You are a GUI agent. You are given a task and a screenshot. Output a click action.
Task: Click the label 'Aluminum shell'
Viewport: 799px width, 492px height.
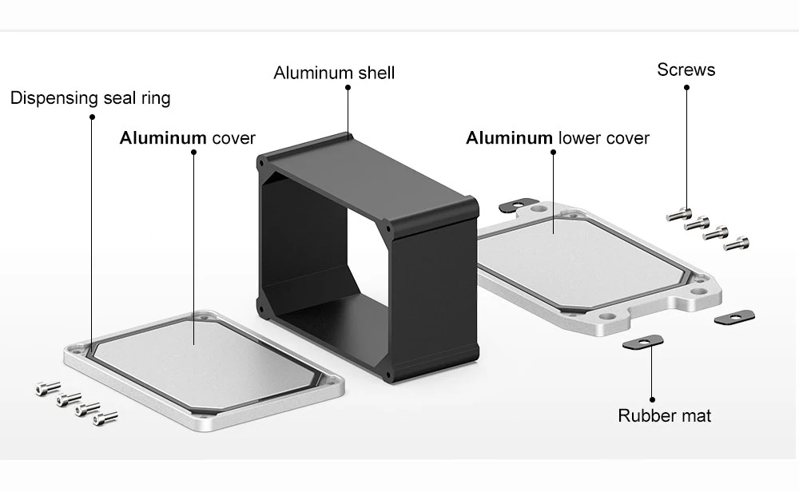pyautogui.click(x=334, y=73)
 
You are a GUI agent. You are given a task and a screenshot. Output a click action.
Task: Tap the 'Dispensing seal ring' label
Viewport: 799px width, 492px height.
pyautogui.click(x=90, y=98)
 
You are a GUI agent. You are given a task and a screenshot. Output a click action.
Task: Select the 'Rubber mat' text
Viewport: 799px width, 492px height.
pyautogui.click(x=665, y=415)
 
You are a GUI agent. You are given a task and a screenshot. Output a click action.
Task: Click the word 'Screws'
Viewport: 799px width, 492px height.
pyautogui.click(x=686, y=69)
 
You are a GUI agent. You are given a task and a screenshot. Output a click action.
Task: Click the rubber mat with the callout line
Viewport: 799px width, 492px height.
pyautogui.click(x=643, y=342)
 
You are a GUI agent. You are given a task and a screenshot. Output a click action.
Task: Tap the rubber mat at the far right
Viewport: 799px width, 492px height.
pyautogui.click(x=734, y=317)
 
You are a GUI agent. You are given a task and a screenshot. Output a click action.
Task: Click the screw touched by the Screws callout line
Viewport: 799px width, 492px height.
pyautogui.click(x=679, y=215)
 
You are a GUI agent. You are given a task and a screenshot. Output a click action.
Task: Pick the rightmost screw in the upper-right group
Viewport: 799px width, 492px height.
pyautogui.click(x=737, y=244)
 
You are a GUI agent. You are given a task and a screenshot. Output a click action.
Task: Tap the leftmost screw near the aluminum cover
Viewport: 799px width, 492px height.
pyautogui.click(x=48, y=389)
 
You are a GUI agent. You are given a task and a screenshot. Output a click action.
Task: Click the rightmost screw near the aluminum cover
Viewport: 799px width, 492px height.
pyautogui.click(x=105, y=419)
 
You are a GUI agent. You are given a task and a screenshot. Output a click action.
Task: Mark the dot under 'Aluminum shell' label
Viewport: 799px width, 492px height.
pyautogui.click(x=348, y=88)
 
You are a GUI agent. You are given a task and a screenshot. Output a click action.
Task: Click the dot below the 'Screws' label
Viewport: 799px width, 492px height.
pyautogui.click(x=686, y=88)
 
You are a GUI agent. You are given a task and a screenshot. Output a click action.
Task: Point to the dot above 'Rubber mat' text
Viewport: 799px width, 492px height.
pyautogui.click(x=652, y=400)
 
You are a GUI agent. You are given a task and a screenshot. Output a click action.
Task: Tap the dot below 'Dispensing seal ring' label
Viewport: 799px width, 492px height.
pyautogui.click(x=92, y=117)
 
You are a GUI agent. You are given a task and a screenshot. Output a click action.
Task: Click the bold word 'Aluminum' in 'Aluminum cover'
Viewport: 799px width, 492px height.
pyautogui.click(x=163, y=138)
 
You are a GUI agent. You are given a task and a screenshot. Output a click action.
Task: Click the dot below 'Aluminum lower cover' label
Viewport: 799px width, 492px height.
pyautogui.click(x=554, y=153)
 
